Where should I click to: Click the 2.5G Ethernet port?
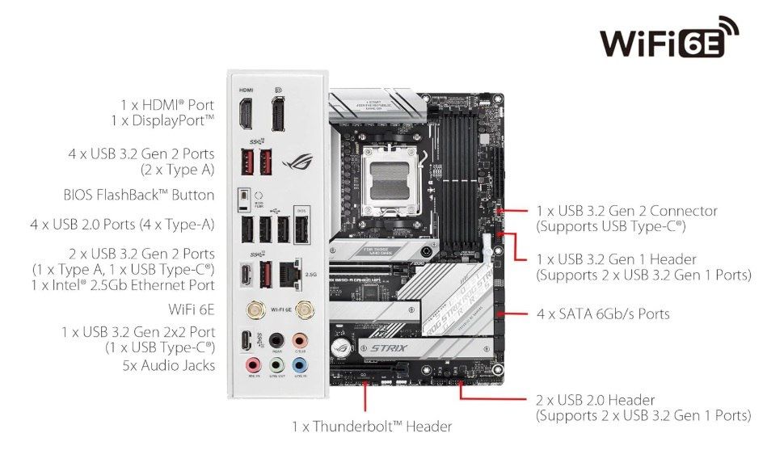[x=287, y=273]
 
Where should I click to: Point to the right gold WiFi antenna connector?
[x=305, y=309]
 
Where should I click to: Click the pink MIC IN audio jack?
[x=251, y=364]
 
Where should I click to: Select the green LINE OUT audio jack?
[x=276, y=364]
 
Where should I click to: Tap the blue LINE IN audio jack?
[x=300, y=364]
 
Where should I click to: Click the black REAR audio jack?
[x=276, y=340]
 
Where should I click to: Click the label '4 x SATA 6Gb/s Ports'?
[x=603, y=313]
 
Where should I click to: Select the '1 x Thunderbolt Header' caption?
[x=371, y=426]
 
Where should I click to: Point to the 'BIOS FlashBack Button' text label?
[x=139, y=196]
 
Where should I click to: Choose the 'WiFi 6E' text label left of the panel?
[x=192, y=309]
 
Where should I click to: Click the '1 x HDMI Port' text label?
[x=167, y=105]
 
